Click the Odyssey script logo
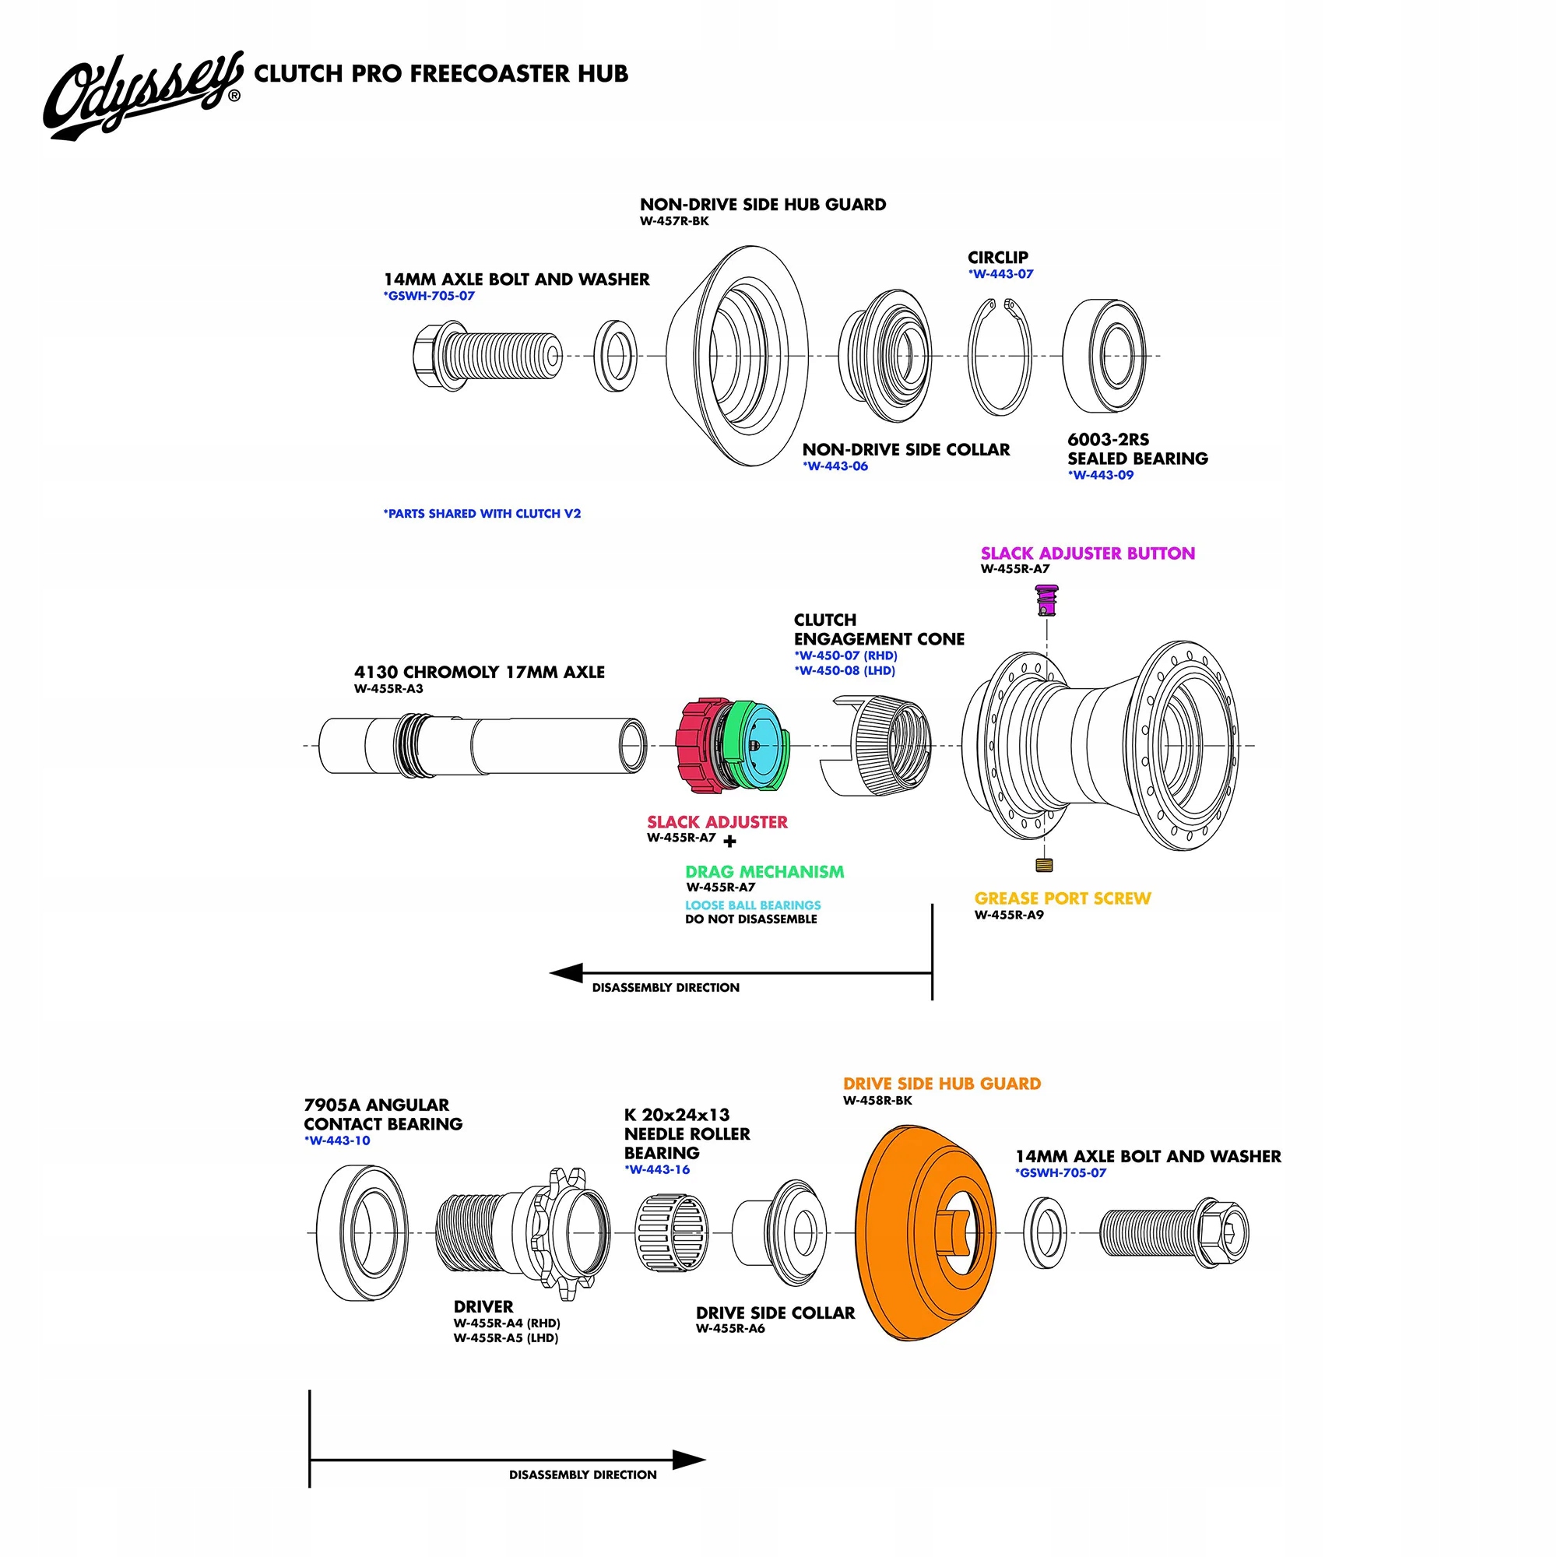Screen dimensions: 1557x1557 (x=141, y=95)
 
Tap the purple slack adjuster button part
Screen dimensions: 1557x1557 (x=1046, y=599)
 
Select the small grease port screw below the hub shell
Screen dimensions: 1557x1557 (x=1045, y=866)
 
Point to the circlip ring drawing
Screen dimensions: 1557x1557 (x=1000, y=357)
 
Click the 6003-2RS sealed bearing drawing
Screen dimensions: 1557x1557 (x=1104, y=357)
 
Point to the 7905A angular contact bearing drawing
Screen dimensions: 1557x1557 (x=362, y=1233)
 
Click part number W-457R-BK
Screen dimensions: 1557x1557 (x=674, y=222)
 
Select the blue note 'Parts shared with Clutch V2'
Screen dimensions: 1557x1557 (x=482, y=513)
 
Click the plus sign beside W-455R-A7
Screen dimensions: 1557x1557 (x=730, y=842)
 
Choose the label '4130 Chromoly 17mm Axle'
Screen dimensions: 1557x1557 (x=479, y=672)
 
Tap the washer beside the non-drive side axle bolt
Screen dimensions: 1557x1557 (x=616, y=357)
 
